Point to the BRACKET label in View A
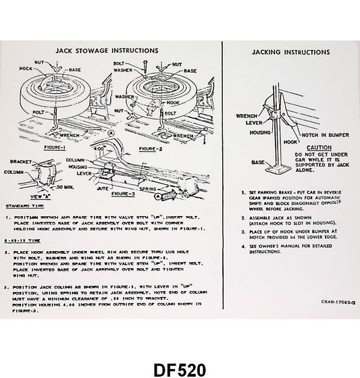pos(22,162)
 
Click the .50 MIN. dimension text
pos(66,184)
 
